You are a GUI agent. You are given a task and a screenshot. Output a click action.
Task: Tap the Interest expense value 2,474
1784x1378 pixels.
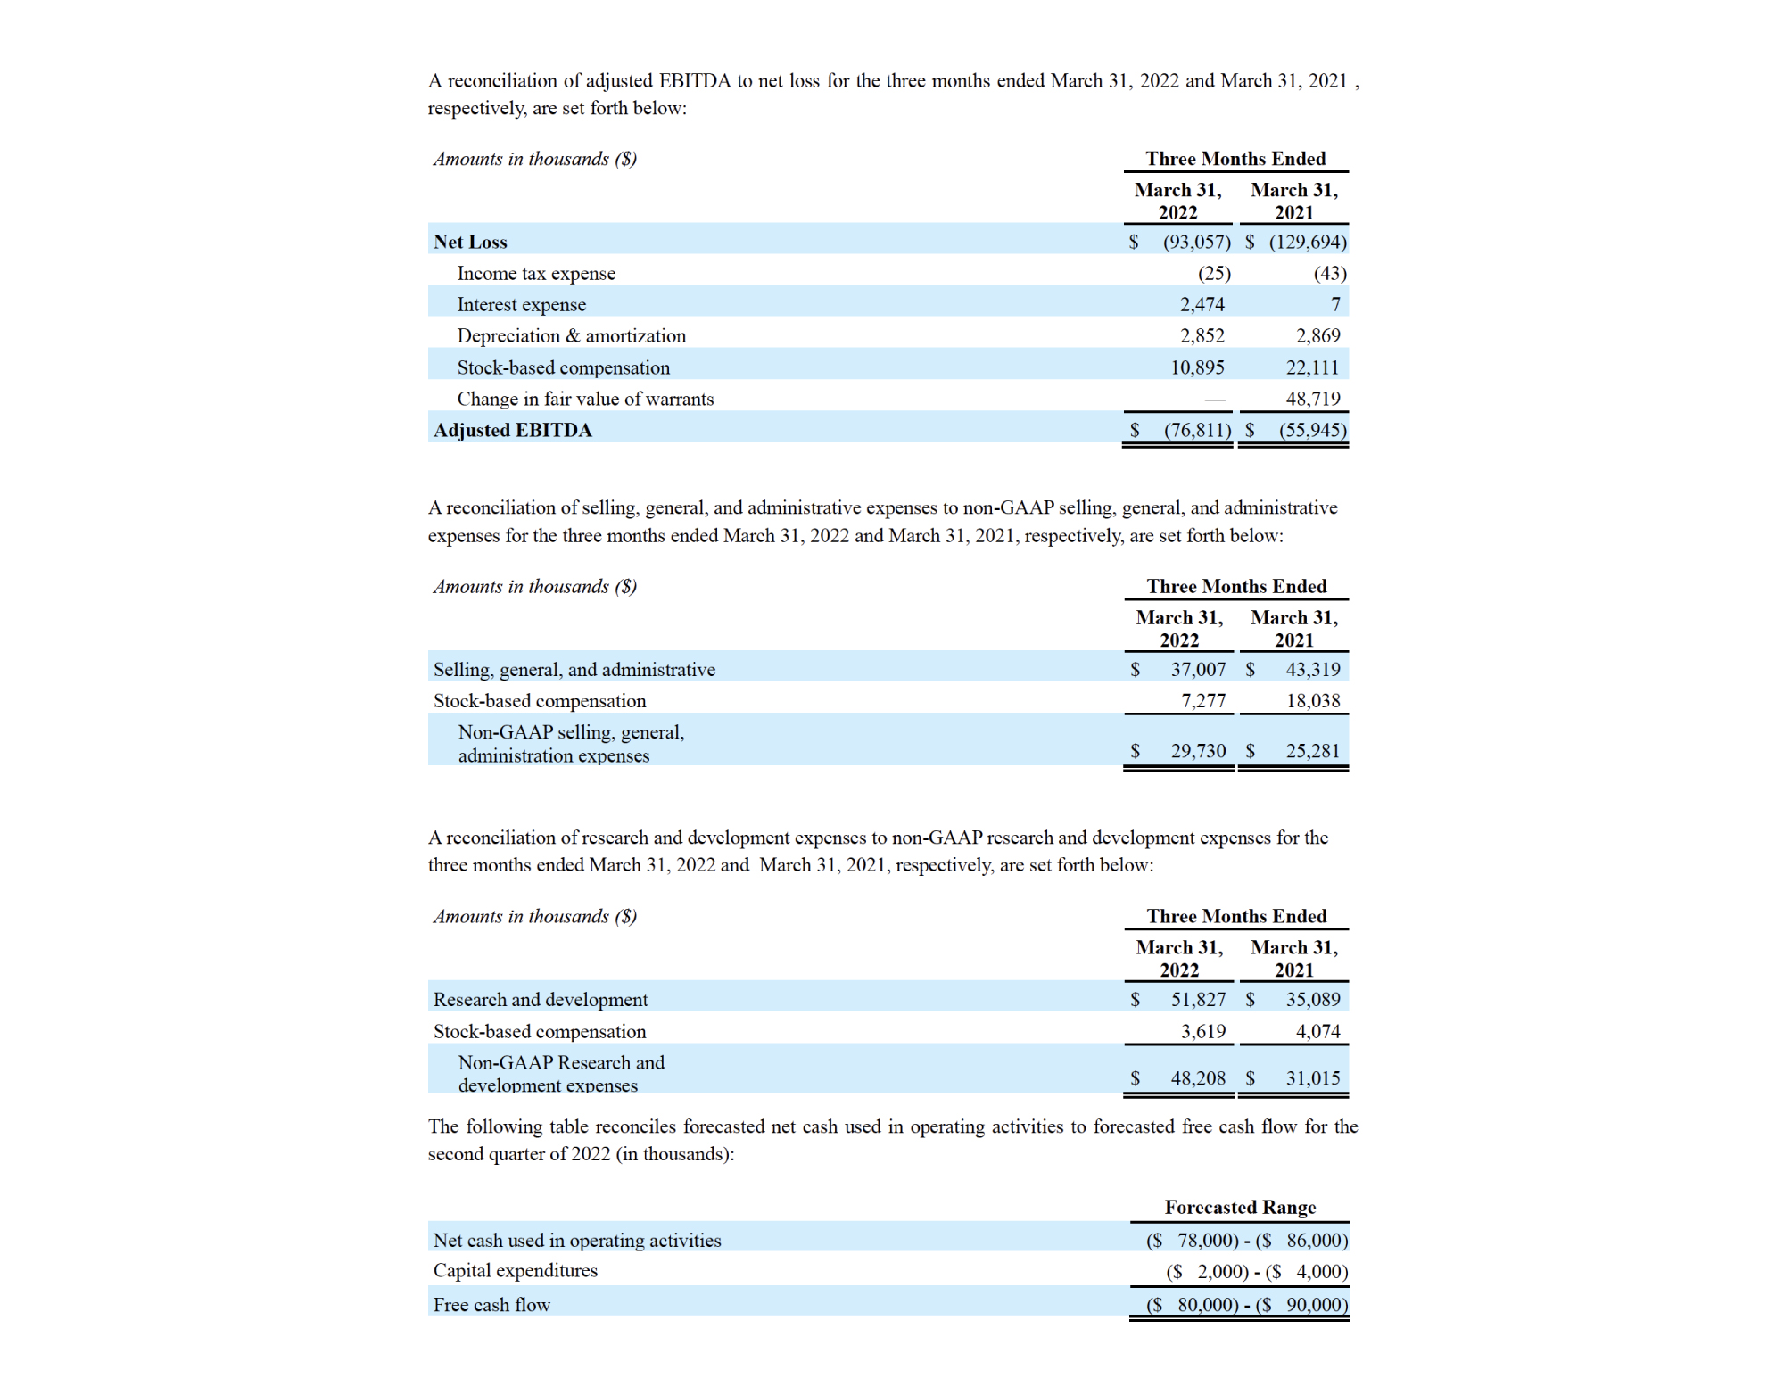[x=1202, y=305]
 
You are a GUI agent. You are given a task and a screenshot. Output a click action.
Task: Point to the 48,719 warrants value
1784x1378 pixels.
[x=1312, y=399]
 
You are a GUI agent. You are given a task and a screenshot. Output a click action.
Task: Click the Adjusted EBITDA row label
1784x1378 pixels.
[x=512, y=430]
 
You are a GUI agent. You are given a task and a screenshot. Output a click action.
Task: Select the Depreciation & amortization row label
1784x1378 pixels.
[x=571, y=336]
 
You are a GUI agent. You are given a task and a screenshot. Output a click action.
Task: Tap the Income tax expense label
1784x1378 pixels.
[x=536, y=274]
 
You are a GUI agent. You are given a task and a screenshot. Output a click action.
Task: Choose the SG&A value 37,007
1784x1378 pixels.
[x=1198, y=670]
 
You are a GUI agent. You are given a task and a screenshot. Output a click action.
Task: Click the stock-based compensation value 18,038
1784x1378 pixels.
[x=1312, y=701]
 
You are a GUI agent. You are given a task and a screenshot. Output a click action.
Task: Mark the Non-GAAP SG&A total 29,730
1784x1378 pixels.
[x=1198, y=751]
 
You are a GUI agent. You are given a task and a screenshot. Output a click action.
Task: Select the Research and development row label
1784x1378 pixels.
[x=541, y=1000]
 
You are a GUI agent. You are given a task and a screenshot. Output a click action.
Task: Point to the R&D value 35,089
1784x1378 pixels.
[x=1312, y=1000]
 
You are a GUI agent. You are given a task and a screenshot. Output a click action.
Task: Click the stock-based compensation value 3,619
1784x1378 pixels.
[x=1203, y=1032]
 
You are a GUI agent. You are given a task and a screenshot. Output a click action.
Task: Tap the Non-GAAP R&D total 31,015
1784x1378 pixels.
[x=1312, y=1078]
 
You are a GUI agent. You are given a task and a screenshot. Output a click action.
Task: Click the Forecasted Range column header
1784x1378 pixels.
[x=1240, y=1208]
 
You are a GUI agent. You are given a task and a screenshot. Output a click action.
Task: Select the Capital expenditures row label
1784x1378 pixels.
[x=516, y=1271]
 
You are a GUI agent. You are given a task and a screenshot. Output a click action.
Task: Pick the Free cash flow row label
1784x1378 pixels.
[x=491, y=1305]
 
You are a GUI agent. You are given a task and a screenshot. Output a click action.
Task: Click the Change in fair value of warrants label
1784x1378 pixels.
[x=585, y=399]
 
